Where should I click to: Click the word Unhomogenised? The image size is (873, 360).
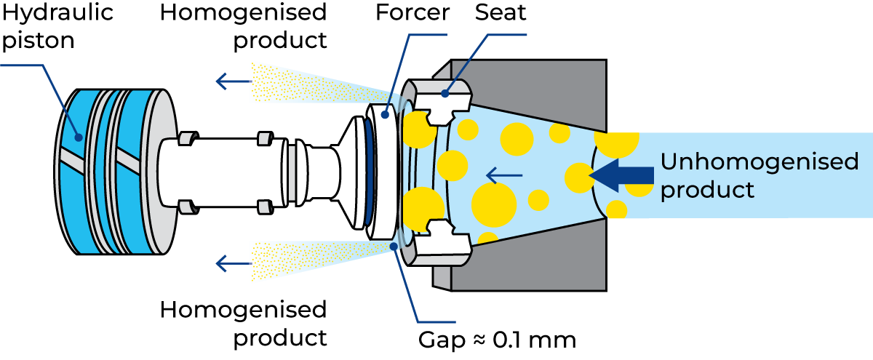point(760,161)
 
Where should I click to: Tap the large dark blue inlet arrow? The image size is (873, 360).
point(623,175)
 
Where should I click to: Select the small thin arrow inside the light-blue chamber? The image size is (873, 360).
point(504,175)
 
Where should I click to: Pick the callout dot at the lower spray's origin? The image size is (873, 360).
point(394,247)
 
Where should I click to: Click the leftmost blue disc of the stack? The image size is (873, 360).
point(76,171)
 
